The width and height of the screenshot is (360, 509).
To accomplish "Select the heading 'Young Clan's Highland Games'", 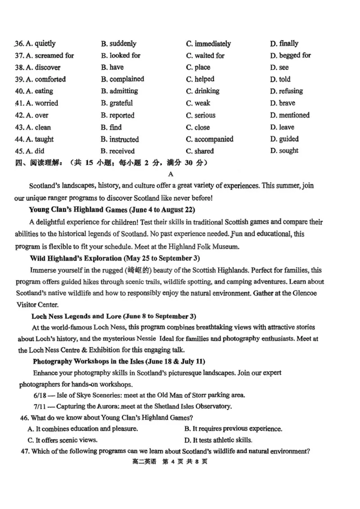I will [81, 210].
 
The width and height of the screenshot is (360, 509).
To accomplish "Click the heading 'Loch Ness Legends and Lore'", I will [80, 316].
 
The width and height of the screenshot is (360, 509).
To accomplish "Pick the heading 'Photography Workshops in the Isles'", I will [94, 361].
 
